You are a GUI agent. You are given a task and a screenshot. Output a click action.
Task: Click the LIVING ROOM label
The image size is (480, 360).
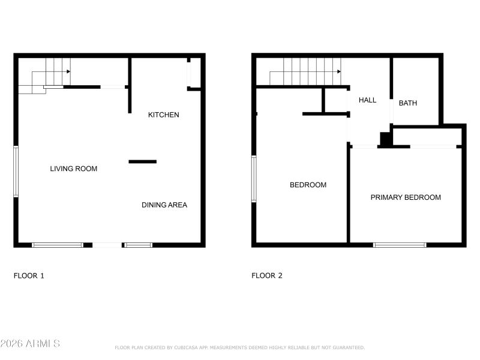pos(73,169)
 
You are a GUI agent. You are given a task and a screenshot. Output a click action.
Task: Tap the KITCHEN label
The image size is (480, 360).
pos(163,115)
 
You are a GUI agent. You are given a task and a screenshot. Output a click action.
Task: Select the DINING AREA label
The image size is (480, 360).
pos(164,205)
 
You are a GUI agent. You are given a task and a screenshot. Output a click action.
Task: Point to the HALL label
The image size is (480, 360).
pos(367,100)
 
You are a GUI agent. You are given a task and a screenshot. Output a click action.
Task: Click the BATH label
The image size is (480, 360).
pos(408,103)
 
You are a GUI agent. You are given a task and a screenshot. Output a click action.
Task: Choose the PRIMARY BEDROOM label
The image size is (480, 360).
pos(406,197)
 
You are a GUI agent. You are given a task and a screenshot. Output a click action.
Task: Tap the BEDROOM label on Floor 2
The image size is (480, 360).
pos(308,185)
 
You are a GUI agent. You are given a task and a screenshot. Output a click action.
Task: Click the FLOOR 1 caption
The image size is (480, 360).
pos(29,276)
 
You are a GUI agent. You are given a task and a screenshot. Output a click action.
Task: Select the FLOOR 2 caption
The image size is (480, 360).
pos(266,276)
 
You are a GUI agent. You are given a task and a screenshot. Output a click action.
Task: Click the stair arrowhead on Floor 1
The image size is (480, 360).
pos(68,71)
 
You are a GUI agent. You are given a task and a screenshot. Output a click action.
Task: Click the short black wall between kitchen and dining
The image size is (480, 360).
pos(143,161)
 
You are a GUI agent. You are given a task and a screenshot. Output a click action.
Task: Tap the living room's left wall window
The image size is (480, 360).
pos(16,171)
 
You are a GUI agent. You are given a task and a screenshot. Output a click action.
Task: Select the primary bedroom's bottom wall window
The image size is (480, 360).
pos(400,245)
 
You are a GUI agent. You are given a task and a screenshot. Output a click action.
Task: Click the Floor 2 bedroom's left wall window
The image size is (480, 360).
pos(254,179)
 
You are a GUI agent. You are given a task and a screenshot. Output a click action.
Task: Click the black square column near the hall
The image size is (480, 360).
pos(386,139)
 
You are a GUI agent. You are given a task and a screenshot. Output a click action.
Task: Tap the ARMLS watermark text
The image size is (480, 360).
pos(30,344)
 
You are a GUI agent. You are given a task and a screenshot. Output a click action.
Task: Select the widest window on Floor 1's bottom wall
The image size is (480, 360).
pos(58,245)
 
